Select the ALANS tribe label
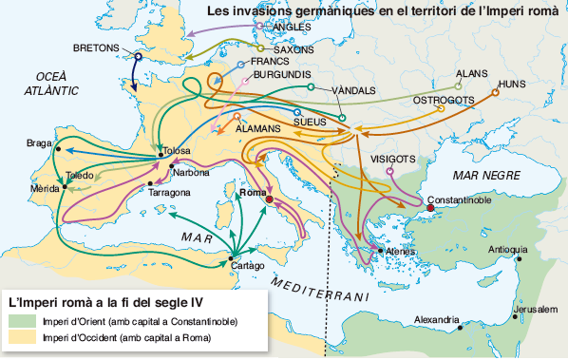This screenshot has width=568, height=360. click(x=471, y=72)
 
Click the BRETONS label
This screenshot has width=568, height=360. click(x=96, y=47)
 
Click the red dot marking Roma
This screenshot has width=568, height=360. click(x=270, y=200)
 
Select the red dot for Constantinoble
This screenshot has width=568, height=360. click(x=428, y=209)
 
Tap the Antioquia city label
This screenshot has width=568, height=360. click(x=507, y=250)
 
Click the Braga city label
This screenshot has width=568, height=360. click(x=40, y=143)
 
